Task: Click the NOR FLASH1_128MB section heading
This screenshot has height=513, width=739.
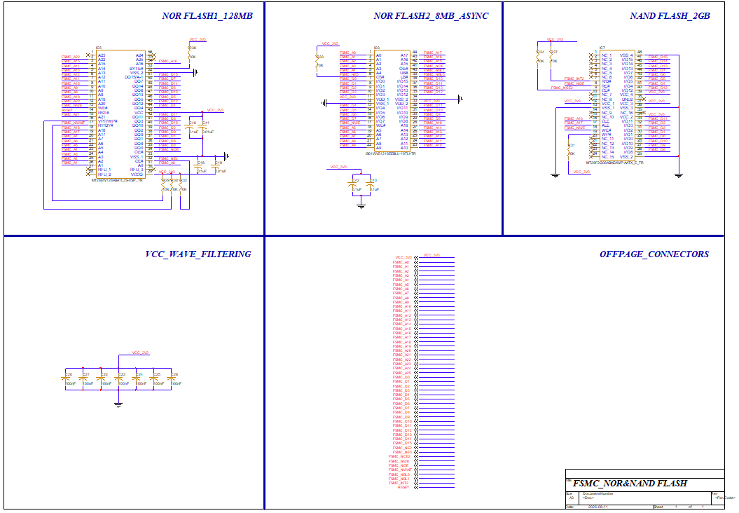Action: (207, 16)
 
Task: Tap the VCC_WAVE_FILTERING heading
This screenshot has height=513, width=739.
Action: (198, 254)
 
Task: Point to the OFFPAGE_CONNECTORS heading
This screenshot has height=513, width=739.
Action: (654, 254)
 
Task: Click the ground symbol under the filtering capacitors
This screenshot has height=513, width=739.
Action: (118, 404)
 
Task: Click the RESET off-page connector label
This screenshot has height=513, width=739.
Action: (403, 487)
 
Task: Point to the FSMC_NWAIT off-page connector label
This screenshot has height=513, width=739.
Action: (400, 470)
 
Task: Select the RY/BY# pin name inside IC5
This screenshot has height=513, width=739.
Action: (105, 125)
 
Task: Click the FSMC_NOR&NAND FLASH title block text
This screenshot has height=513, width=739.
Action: (629, 484)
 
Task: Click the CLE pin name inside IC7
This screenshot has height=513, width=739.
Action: (605, 121)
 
